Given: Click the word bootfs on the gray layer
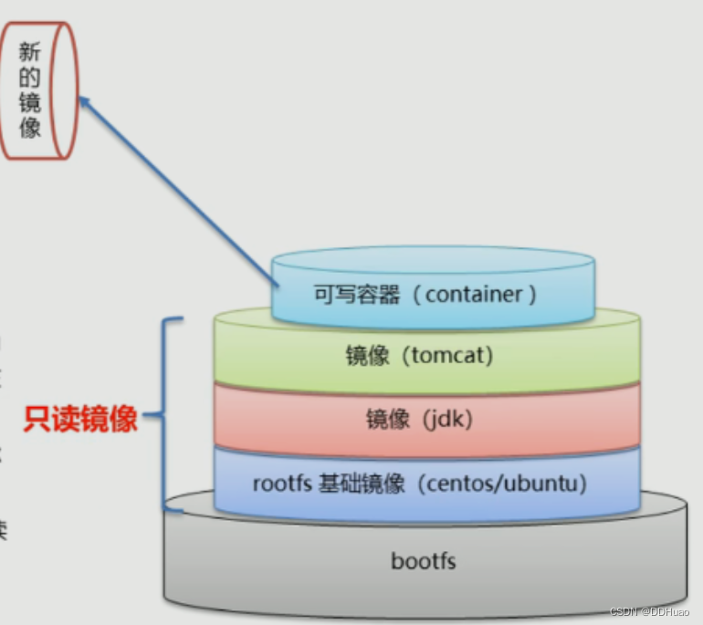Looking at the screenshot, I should pyautogui.click(x=423, y=560).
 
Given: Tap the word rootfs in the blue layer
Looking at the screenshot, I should pyautogui.click(x=281, y=484).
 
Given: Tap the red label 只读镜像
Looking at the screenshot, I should pyautogui.click(x=80, y=419).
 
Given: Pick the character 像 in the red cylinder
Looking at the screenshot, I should pyautogui.click(x=30, y=128).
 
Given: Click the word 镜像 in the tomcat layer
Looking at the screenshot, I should pyautogui.click(x=368, y=356).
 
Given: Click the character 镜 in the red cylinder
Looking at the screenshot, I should pyautogui.click(x=30, y=103).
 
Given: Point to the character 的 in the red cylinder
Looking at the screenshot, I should pyautogui.click(x=30, y=78).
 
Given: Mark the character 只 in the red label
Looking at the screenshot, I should pyautogui.click(x=37, y=419).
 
